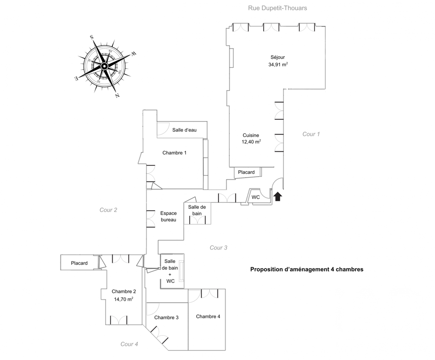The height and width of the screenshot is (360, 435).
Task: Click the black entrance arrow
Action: (x=278, y=197)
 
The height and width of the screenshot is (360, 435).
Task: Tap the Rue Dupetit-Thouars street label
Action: (x=278, y=8)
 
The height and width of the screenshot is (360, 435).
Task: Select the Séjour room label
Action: (x=278, y=57)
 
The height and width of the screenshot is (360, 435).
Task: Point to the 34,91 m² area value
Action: (x=278, y=64)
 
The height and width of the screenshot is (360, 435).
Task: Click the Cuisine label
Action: (x=251, y=135)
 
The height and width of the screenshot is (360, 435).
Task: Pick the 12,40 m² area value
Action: (x=251, y=142)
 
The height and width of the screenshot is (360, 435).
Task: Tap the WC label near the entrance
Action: (x=256, y=197)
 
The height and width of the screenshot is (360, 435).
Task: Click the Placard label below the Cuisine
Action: (x=246, y=172)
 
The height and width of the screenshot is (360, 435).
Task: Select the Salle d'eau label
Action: (x=184, y=130)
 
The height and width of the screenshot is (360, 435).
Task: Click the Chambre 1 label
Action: (x=174, y=153)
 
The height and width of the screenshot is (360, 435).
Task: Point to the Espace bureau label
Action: (x=168, y=216)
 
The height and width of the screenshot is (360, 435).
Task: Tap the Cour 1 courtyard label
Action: (x=311, y=134)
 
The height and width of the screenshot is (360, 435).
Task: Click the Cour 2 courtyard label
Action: (x=108, y=210)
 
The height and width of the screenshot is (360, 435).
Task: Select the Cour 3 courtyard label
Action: (x=218, y=248)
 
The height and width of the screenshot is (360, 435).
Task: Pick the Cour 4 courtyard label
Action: (x=129, y=344)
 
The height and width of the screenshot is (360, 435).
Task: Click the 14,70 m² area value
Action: (x=124, y=299)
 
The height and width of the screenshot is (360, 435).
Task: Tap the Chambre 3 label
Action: (x=167, y=317)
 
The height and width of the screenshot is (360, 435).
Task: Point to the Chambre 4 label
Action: (x=208, y=316)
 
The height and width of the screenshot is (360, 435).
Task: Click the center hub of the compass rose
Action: (x=104, y=66)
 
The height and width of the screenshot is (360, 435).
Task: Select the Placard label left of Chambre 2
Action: (x=79, y=263)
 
